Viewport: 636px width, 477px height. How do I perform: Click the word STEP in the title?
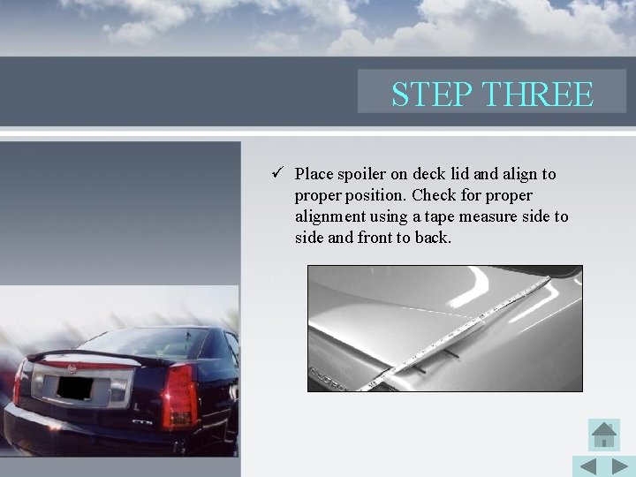(422, 94)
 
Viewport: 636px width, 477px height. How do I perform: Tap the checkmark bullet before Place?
(277, 174)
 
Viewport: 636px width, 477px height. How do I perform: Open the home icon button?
(604, 435)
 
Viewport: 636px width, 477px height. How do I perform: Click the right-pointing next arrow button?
(620, 466)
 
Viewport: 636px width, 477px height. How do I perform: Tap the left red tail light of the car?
(19, 390)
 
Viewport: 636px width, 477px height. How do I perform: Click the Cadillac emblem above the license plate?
(73, 363)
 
